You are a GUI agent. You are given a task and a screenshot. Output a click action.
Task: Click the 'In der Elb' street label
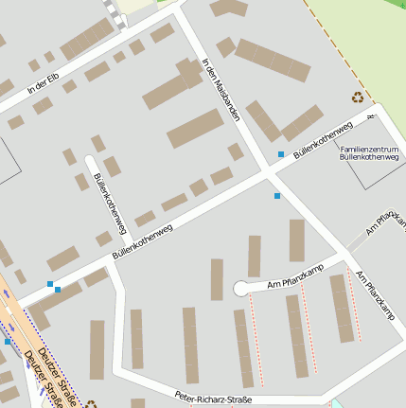45,81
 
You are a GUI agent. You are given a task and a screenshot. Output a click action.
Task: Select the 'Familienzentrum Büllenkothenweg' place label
368,153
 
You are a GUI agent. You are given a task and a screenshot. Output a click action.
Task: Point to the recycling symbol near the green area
358,96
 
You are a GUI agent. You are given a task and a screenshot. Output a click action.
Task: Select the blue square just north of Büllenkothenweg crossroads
280,153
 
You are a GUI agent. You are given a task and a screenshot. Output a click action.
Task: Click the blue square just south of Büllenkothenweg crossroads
277,195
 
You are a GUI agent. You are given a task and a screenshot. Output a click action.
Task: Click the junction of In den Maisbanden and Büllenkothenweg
266,174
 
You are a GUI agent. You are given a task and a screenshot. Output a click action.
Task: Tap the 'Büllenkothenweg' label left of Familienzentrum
322,139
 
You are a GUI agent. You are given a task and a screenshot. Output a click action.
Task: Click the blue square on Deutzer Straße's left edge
8,341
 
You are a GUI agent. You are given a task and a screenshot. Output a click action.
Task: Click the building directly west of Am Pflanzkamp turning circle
217,279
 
